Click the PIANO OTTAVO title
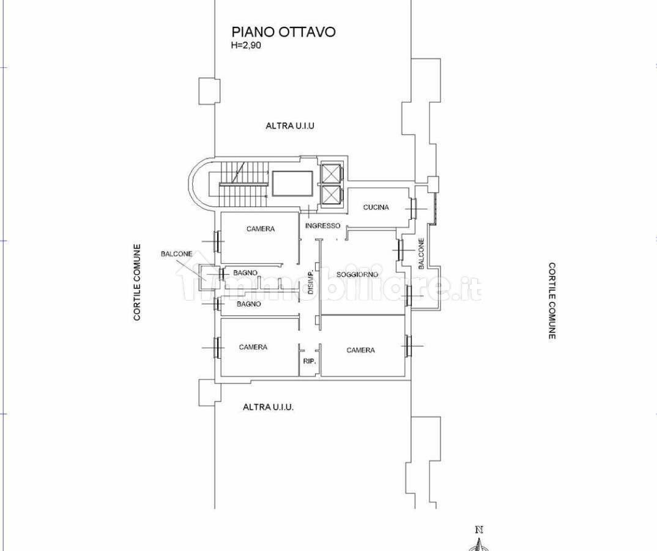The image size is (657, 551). pos(284,32)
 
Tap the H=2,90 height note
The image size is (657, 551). pos(246,45)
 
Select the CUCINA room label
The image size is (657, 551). pos(376,207)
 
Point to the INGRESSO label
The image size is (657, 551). pos(322,225)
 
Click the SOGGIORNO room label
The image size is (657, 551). pos(357,275)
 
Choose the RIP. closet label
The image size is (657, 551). pos(309,361)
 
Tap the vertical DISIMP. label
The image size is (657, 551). pos(311,280)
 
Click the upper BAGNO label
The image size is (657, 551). pos(245,273)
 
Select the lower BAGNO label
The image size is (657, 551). pos(249,304)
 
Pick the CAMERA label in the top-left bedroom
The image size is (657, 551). pos(261,229)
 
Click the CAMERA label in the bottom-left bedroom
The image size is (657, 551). pos(253,347)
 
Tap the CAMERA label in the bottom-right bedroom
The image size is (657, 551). pos(361,350)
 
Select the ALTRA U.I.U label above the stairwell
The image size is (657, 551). pos(290,126)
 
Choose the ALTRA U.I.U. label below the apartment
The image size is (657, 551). pos(268,407)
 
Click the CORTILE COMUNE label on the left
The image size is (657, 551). pos(137,283)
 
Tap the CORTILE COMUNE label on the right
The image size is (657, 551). pos(552,301)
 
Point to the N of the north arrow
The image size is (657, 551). pos(480,530)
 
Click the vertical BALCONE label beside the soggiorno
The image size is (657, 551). pos(421,253)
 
